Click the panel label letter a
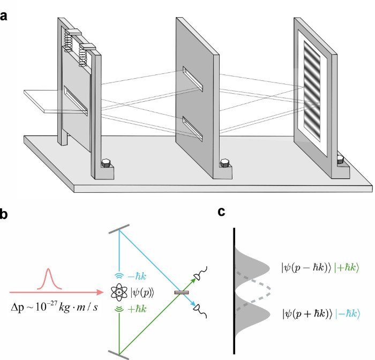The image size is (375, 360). pyautogui.click(x=4, y=16)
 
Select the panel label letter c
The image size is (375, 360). pyautogui.click(x=221, y=213)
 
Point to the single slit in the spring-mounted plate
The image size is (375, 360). pyautogui.click(x=75, y=101)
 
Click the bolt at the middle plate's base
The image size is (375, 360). pyautogui.click(x=224, y=163)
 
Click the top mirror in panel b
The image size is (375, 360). pyautogui.click(x=118, y=231)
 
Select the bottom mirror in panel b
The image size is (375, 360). pyautogui.click(x=118, y=352)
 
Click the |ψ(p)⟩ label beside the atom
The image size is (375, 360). pyautogui.click(x=141, y=292)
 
